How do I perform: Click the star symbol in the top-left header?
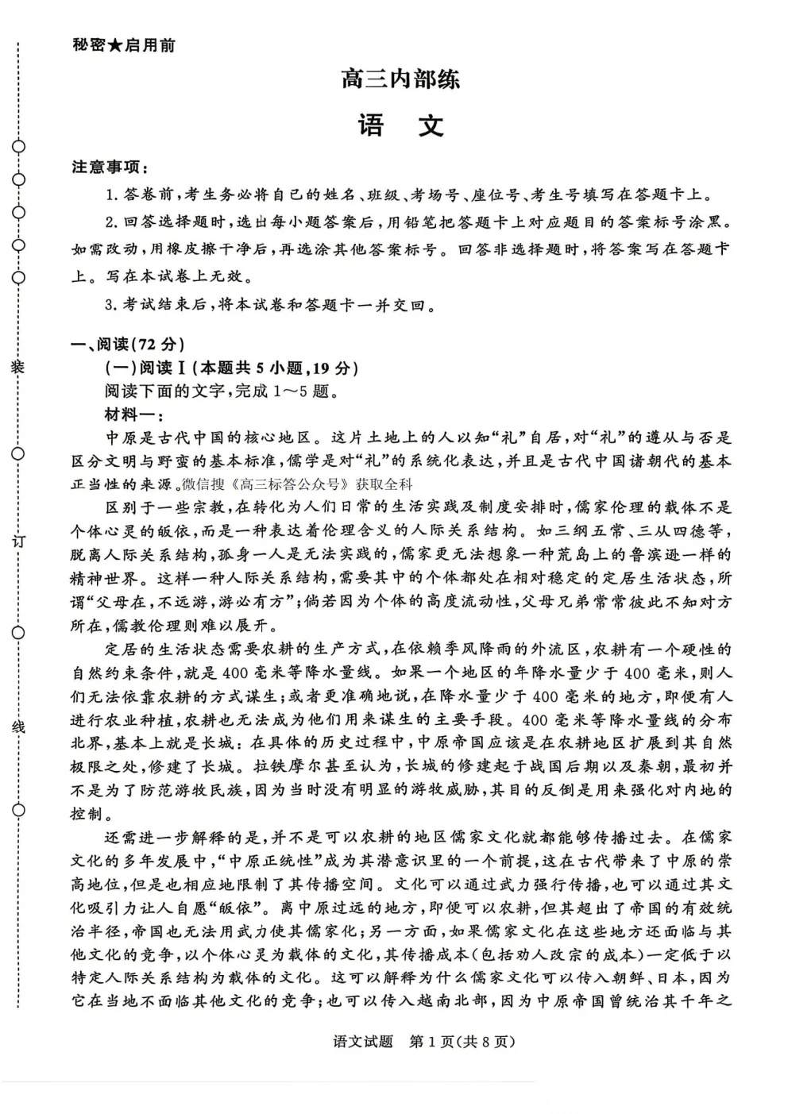coord(114,46)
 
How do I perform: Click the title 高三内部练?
coord(400,80)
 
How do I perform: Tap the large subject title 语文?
coord(400,126)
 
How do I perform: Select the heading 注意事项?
coord(108,168)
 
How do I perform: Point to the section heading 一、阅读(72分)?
coord(127,344)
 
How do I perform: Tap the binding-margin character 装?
coord(17,366)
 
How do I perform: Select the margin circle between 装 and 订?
coord(17,454)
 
